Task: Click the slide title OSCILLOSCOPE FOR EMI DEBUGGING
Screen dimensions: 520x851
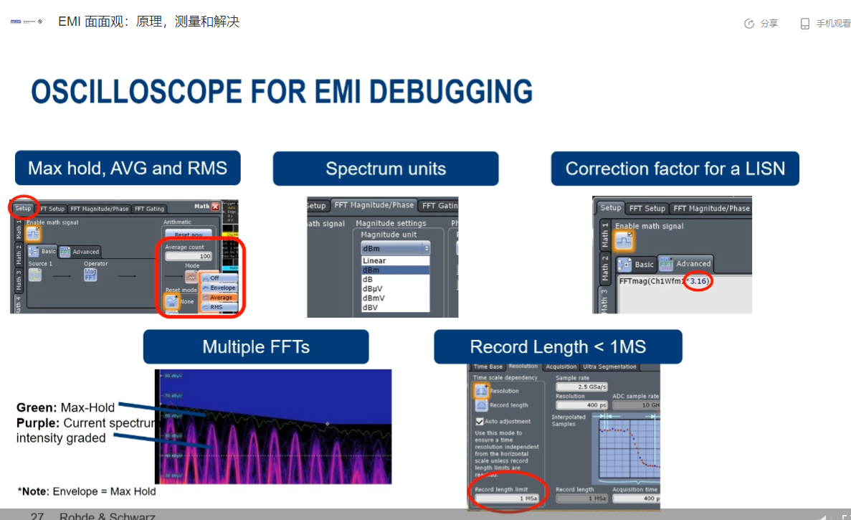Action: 282,93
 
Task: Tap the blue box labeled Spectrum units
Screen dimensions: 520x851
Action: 386,169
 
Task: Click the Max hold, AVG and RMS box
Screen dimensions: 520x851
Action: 128,169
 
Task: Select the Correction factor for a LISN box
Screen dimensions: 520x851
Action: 675,169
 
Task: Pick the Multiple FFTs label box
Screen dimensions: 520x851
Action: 256,347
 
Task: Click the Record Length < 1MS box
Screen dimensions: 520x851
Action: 558,347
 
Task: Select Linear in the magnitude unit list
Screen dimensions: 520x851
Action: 374,261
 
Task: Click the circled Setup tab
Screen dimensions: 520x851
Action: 23,209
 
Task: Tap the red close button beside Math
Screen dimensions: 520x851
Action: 216,207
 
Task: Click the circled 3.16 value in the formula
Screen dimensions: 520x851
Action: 698,282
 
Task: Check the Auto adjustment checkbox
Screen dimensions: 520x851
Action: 480,422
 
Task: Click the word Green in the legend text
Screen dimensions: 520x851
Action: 36,408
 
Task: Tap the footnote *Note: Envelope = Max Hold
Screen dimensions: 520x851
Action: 87,491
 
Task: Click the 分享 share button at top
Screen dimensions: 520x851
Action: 761,24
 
